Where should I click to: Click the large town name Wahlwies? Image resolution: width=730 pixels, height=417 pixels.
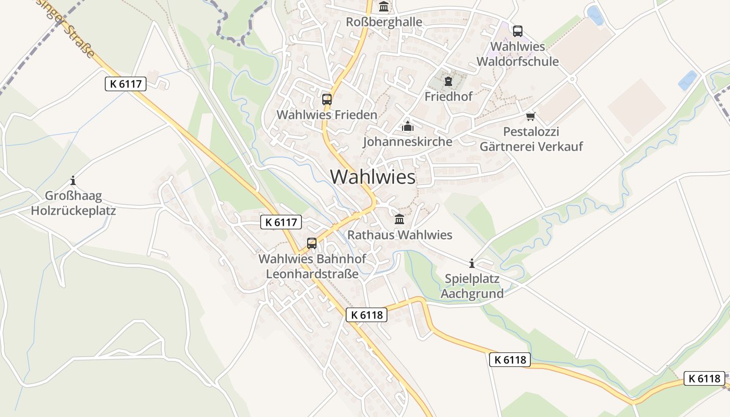point(373,177)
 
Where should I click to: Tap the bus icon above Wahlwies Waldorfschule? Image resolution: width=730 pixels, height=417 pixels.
point(517,31)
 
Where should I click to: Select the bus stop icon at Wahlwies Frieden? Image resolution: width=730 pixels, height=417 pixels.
point(327,99)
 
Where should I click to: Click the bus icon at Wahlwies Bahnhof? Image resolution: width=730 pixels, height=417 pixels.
point(312,243)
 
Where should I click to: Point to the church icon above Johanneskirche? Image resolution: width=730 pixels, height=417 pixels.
point(407,126)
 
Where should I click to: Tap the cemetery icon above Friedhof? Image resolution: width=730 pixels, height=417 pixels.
point(448,81)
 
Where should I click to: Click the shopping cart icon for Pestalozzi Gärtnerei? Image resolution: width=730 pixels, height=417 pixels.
point(531,116)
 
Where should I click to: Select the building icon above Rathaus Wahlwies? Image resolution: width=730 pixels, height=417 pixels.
point(399,219)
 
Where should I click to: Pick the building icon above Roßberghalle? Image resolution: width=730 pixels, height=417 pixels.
point(384,7)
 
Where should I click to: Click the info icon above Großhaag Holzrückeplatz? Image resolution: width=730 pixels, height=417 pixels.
point(73,181)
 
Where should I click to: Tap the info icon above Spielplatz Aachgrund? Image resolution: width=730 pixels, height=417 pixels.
point(472,263)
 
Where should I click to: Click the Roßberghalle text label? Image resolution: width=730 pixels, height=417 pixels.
point(384,22)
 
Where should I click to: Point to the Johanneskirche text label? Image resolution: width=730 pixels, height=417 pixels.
point(407,141)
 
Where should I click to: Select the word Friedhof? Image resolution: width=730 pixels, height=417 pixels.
point(448,96)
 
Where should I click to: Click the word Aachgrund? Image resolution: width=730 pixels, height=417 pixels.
point(472,293)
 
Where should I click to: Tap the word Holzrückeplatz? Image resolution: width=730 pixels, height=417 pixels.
point(73,211)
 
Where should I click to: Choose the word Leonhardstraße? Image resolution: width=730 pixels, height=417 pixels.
point(312,274)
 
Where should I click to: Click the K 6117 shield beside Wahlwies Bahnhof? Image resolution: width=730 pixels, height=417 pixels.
point(281,223)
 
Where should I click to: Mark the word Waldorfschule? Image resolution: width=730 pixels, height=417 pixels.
point(517,62)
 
